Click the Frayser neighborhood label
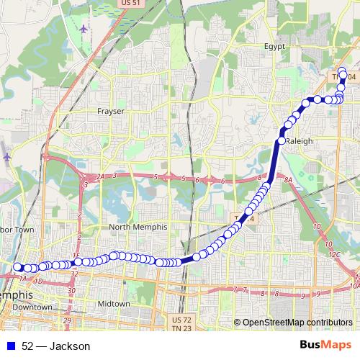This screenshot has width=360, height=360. tap(111, 112)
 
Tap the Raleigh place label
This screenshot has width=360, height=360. tap(299, 141)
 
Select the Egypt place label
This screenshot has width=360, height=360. tap(274, 45)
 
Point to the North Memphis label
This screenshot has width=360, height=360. tap(138, 227)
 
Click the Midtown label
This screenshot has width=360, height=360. tap(114, 304)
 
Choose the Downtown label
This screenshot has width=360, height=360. tap(32, 307)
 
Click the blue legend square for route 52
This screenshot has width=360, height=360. tap(9, 346)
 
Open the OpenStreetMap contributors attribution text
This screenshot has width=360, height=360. tap(297, 323)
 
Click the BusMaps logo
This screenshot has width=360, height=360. tap(326, 346)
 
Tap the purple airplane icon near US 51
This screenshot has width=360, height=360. tap(84, 30)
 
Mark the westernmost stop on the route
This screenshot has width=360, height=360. tap(17, 267)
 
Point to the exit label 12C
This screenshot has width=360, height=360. tap(333, 255)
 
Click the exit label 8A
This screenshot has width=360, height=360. tap(289, 179)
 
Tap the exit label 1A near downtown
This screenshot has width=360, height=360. tap(23, 278)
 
